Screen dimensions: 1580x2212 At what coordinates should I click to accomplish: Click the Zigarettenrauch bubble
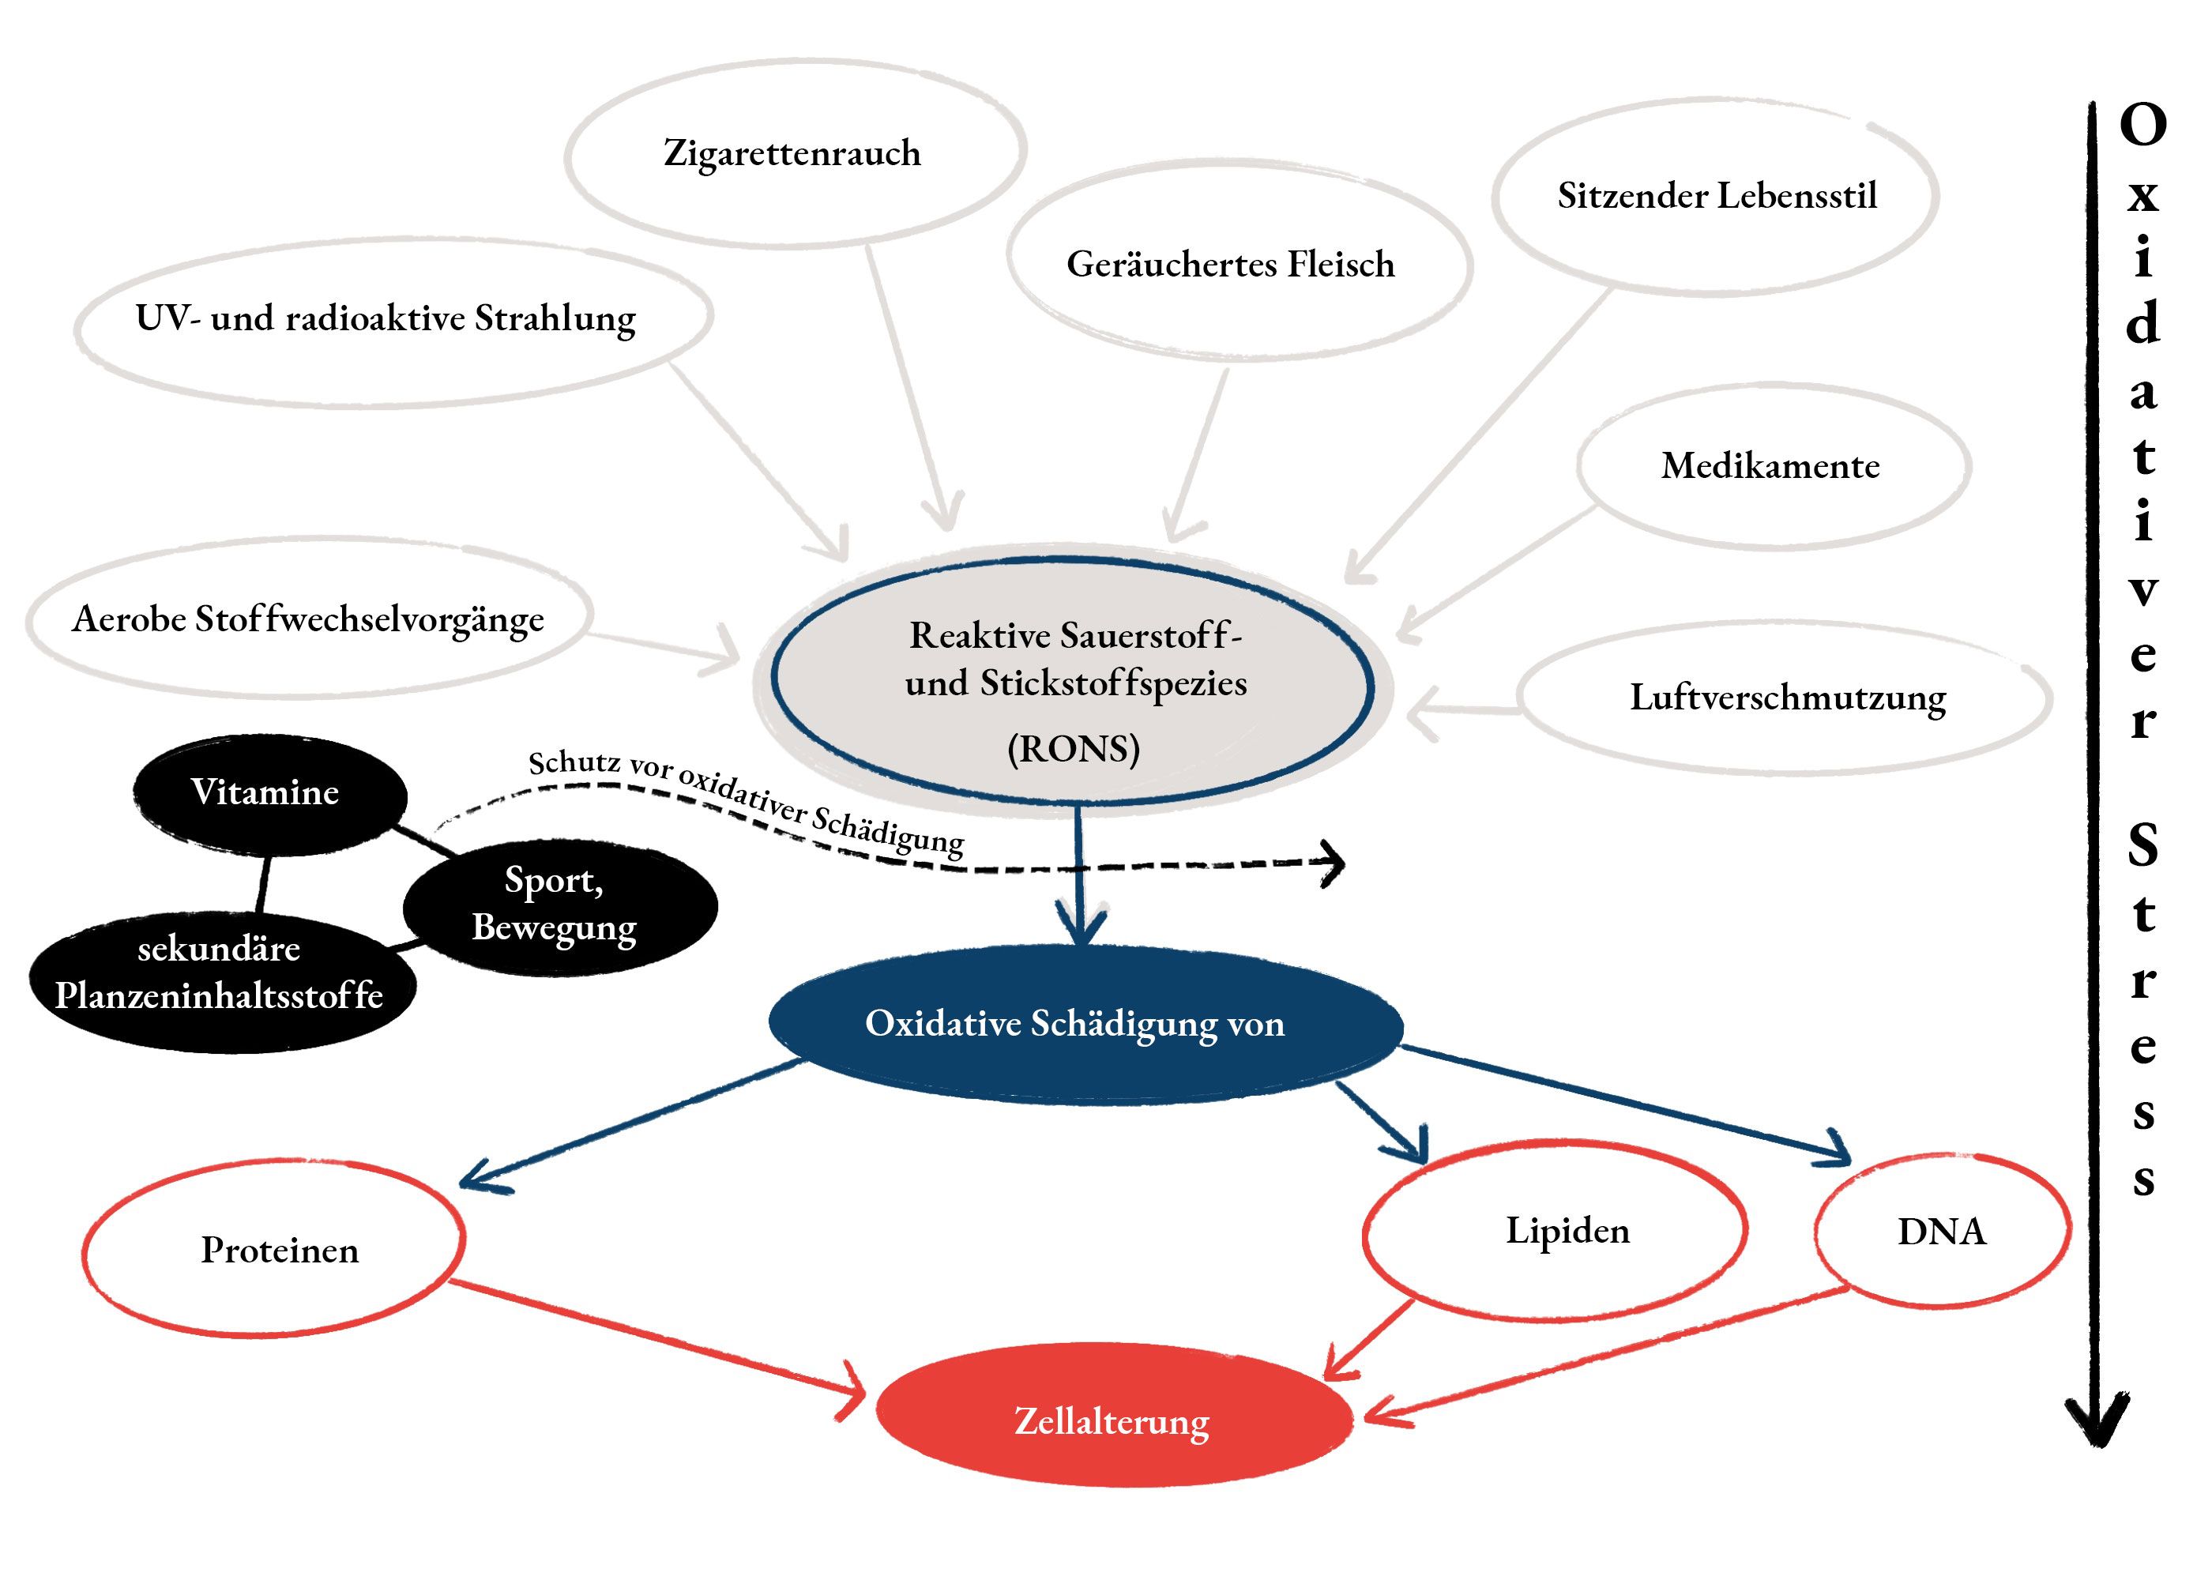794,152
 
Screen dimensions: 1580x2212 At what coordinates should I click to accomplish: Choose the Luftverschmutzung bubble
1786,698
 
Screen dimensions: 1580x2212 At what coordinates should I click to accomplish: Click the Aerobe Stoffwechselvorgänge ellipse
308,619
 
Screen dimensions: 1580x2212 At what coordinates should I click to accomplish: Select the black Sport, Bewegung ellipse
558,905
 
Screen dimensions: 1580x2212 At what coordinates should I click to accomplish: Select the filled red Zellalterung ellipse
1112,1421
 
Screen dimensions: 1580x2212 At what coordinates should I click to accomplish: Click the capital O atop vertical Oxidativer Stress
2143,125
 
